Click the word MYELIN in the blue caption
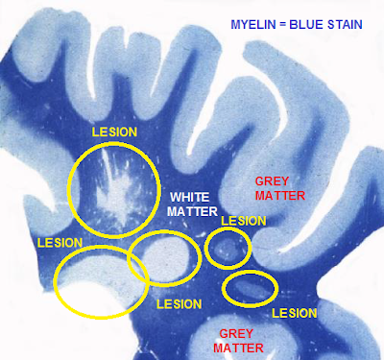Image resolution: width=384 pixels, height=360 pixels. pos(252,24)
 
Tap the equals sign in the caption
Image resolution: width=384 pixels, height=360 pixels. pos(282,24)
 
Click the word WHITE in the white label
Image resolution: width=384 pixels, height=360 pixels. pos(189,197)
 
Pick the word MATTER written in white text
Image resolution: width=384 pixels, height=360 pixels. pos(192,211)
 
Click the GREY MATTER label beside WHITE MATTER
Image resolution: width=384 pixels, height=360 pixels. pos(280,188)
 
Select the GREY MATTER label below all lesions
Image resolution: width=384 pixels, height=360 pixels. pos(238,341)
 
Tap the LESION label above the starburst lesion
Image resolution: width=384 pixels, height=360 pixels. pos(114,132)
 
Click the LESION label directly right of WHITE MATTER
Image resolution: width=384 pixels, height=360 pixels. pos(244,221)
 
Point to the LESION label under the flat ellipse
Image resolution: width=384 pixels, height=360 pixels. pos(295,313)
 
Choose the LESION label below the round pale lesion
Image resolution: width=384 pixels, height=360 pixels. pos(179,303)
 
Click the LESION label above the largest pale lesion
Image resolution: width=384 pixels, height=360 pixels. pos(60,243)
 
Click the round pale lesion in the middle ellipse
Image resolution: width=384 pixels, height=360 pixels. pos(166,257)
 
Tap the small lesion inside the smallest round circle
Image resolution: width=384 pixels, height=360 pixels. pos(226,248)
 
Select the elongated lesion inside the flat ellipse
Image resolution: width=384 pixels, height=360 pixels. pos(251,289)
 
